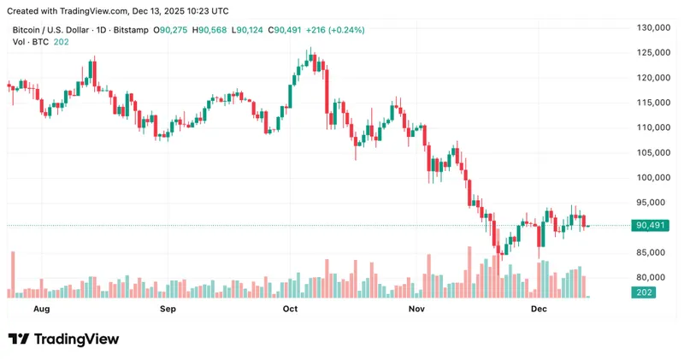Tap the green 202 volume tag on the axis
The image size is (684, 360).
point(644,293)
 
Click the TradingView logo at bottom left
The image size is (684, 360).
point(64,339)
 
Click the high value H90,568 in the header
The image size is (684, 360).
point(210,30)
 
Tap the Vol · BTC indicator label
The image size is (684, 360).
point(29,42)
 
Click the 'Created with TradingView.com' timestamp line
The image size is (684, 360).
point(118,11)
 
